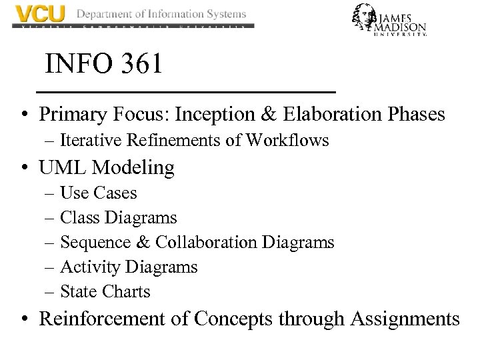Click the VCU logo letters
pyautogui.click(x=40, y=15)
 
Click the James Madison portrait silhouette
pyautogui.click(x=366, y=19)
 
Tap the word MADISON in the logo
pyautogui.click(x=400, y=27)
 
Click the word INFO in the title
pyautogui.click(x=74, y=65)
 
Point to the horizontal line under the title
pyautogui.click(x=185, y=91)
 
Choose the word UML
pyautogui.click(x=63, y=167)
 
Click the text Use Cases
pyautogui.click(x=99, y=193)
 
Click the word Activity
pyautogui.click(x=90, y=267)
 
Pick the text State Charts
pyautogui.click(x=105, y=292)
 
